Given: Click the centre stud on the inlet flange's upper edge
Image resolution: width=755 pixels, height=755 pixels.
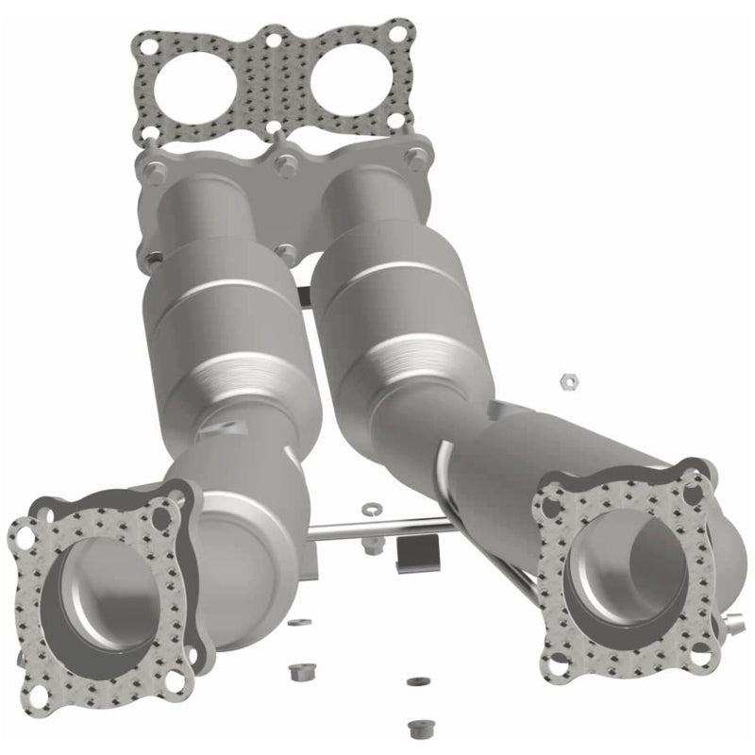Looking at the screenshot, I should click(280, 162).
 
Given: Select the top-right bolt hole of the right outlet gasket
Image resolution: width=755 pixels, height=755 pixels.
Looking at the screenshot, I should click(697, 484).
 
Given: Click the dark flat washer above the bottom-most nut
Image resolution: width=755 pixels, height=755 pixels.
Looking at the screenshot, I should click(412, 681).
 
